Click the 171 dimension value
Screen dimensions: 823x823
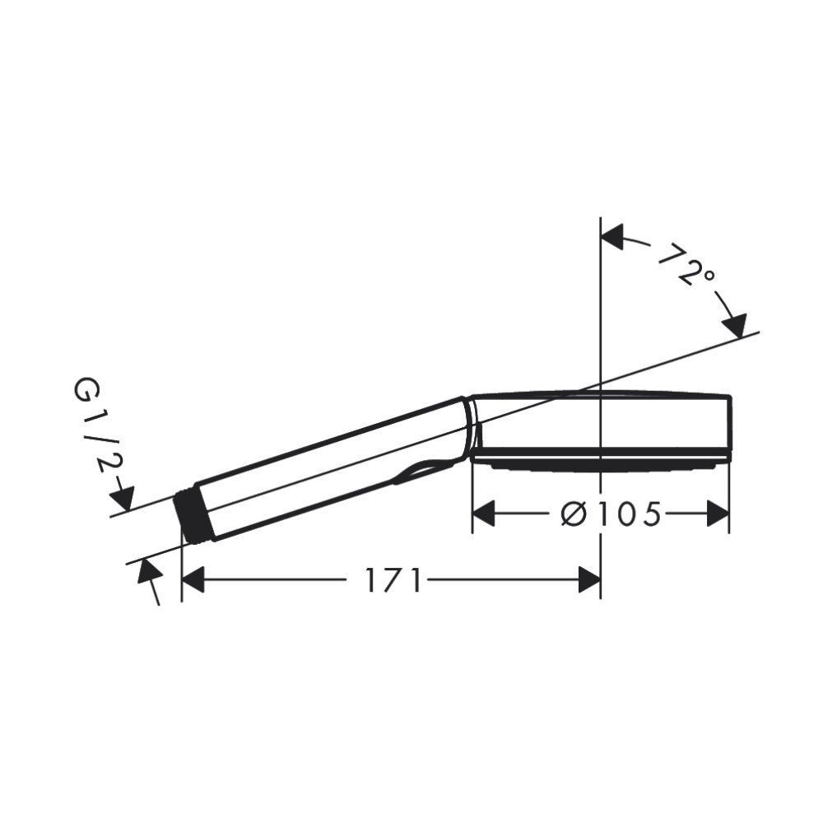393,579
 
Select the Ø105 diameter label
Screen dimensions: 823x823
611,514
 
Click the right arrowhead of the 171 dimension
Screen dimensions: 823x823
589,579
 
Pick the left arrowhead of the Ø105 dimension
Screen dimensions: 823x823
483,514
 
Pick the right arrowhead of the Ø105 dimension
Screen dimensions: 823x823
718,514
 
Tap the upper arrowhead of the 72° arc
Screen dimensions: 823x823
612,236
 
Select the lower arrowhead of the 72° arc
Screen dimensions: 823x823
735,325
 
